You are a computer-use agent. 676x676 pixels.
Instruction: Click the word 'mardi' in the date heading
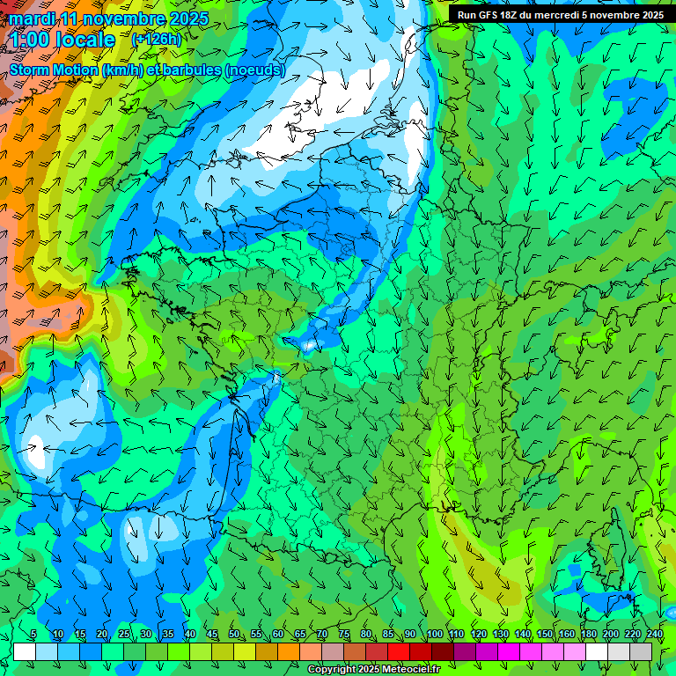coord(30,18)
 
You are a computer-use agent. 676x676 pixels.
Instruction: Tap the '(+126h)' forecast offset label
coord(156,39)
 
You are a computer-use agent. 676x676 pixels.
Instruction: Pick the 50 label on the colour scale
coord(233,635)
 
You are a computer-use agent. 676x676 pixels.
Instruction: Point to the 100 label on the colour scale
coord(434,635)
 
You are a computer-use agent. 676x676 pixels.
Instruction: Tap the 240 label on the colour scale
coord(655,635)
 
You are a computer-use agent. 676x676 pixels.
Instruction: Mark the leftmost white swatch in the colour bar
coord(25,651)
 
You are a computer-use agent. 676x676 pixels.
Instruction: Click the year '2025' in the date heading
coord(187,18)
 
